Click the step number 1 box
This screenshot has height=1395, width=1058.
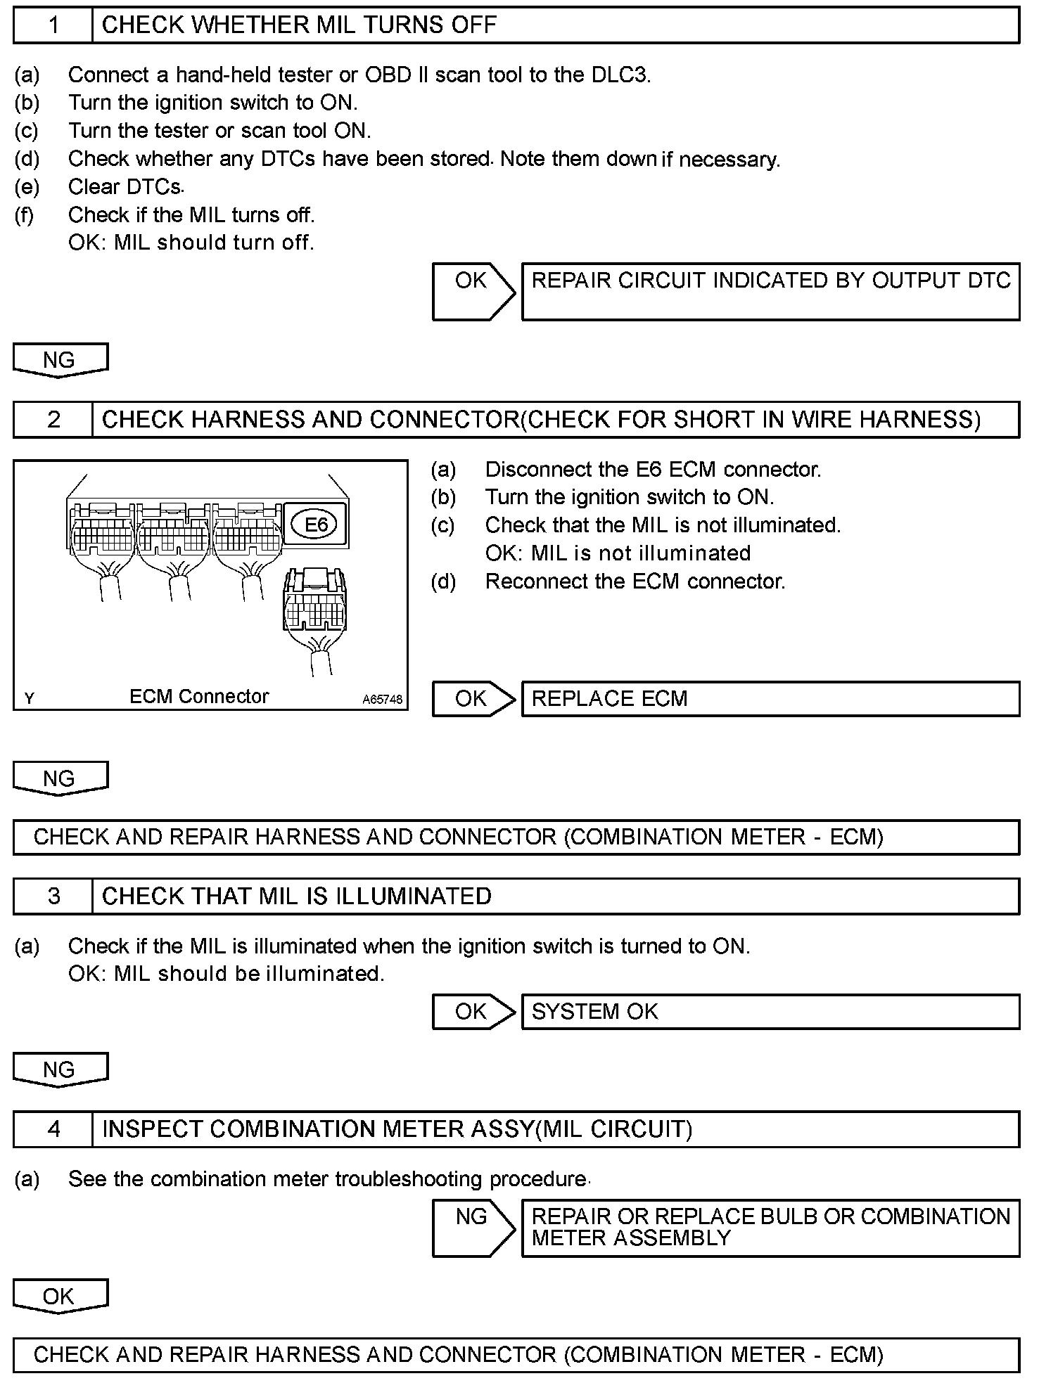53,25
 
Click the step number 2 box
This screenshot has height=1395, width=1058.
53,420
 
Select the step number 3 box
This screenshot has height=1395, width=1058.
53,896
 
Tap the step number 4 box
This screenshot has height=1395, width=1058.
53,1129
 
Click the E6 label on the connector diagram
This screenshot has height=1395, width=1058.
316,525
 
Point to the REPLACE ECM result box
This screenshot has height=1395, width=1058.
770,699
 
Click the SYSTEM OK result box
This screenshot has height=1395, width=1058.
770,1012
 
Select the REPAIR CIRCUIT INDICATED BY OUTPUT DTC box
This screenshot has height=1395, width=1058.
770,291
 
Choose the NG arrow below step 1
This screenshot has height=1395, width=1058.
59,360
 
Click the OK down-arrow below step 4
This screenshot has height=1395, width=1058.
59,1297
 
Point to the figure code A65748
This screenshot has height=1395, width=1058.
383,700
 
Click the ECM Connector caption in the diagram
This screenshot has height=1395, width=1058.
199,696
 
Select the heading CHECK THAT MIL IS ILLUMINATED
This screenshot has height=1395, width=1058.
296,896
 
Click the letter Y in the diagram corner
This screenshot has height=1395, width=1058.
30,698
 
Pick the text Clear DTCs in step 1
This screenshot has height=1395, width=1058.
125,187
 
